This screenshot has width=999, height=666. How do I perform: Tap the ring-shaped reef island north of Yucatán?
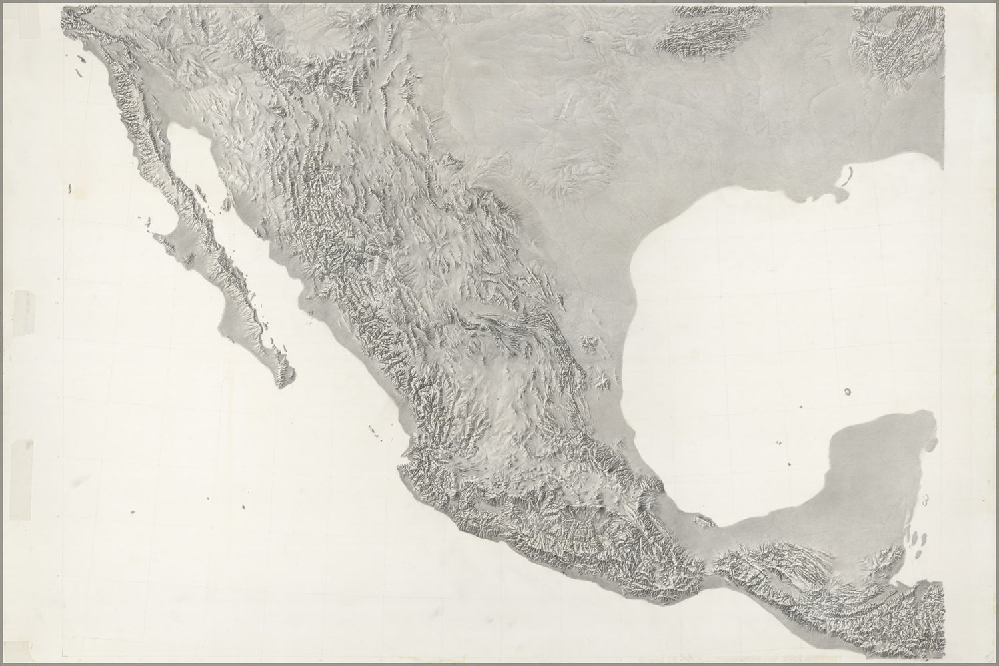coord(848,392)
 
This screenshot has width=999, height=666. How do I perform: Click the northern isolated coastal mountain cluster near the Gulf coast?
coord(588,344)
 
